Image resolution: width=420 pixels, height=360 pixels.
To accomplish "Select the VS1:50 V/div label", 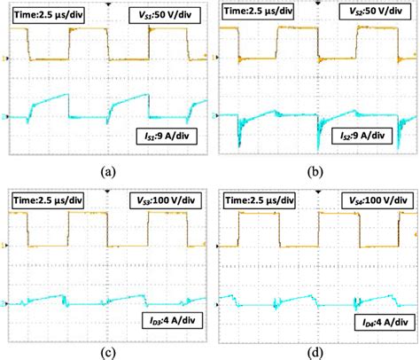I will coord(165,11).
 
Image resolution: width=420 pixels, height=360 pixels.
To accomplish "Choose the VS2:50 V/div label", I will coord(374,11).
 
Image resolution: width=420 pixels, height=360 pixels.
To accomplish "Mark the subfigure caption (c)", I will coord(106,350).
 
